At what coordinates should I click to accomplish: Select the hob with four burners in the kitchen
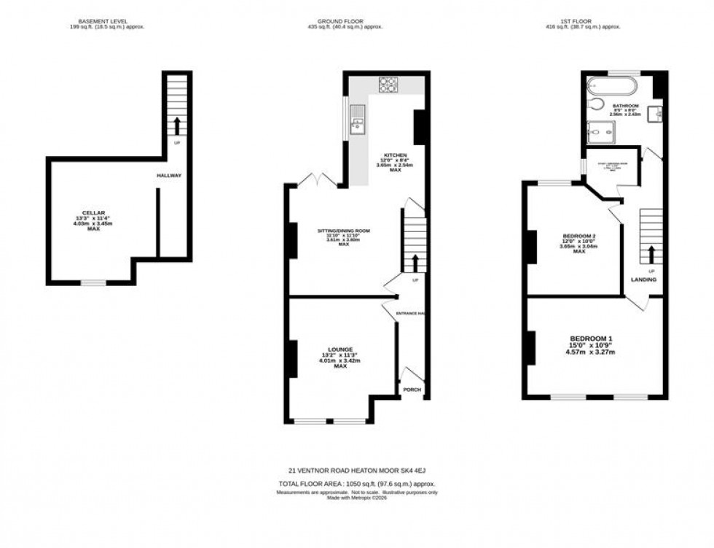387,84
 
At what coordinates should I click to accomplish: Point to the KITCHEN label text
396,155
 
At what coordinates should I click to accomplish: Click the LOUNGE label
340,349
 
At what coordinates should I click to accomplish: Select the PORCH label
412,389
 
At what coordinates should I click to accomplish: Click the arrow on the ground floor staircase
415,262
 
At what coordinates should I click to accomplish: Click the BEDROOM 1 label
591,338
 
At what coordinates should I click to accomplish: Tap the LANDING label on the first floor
644,279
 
